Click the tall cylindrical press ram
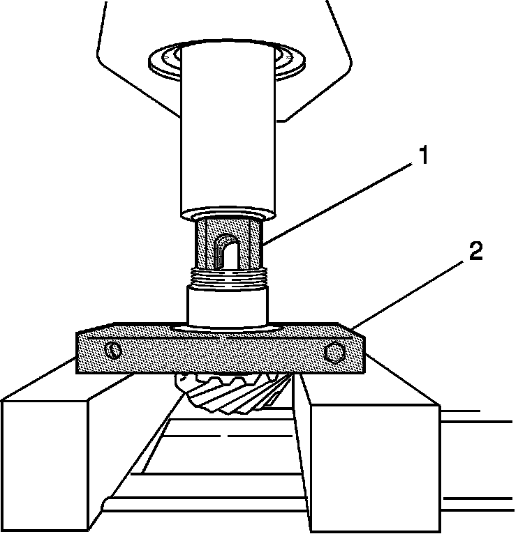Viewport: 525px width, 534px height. [228, 139]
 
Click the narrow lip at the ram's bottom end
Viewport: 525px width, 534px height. [228, 212]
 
